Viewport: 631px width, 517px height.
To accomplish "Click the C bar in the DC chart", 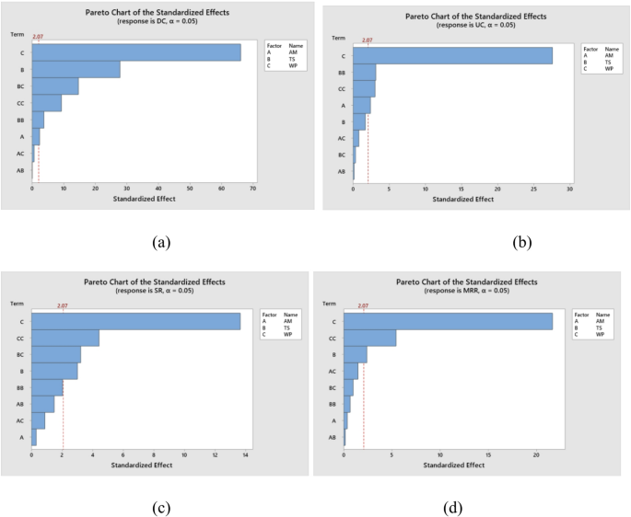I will tap(136, 52).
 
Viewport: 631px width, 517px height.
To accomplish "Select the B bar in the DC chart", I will tap(76, 70).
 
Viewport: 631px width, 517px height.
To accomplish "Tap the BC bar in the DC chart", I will tap(55, 86).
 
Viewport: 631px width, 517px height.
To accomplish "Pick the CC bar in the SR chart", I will tap(65, 338).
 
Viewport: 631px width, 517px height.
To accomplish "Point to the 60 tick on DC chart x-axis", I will tap(220, 189).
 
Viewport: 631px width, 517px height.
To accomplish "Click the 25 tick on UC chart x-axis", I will tap(533, 189).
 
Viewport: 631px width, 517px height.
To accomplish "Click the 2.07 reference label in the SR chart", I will tap(63, 305).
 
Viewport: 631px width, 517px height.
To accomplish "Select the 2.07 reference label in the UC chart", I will tap(368, 40).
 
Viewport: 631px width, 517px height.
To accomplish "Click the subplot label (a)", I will tap(161, 243).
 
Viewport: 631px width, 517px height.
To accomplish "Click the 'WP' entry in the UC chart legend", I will tap(610, 69).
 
